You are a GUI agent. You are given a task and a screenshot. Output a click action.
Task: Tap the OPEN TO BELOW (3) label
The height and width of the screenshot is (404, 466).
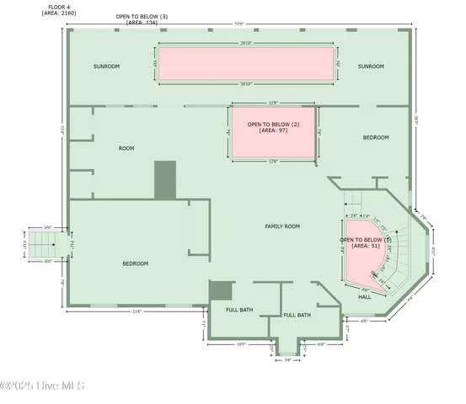[x=142, y=17]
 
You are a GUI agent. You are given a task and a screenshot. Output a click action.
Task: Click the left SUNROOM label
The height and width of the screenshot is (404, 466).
[x=106, y=66]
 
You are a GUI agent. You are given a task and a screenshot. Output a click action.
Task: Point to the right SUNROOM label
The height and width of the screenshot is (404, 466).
[x=370, y=66]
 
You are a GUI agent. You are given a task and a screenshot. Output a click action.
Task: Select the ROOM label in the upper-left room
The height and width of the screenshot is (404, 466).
[x=126, y=148]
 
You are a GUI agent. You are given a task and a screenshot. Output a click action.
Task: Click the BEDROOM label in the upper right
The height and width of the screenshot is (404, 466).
[x=376, y=137]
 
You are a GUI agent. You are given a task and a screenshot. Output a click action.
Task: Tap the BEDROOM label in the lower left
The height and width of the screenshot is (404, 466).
[x=135, y=263]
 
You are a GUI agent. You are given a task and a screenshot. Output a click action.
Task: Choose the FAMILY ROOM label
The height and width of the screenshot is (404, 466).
[x=282, y=226]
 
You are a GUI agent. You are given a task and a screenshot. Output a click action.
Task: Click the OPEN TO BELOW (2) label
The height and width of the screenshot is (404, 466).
[x=273, y=125]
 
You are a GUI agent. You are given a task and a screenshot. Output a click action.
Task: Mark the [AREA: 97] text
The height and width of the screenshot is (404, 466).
[x=273, y=131]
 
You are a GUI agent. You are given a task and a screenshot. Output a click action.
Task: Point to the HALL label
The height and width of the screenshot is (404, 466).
[x=364, y=297]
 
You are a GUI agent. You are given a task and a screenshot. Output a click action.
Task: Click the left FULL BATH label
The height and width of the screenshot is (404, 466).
[x=239, y=310]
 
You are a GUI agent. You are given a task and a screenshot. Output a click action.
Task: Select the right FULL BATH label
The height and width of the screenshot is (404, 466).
[x=297, y=315]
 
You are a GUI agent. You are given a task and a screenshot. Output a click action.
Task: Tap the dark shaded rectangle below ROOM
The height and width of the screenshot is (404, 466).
[x=164, y=180]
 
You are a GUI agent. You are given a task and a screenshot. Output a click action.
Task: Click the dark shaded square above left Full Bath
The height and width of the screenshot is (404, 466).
[x=221, y=290]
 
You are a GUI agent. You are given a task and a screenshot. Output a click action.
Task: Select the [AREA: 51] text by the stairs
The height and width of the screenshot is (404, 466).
[x=366, y=247]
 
